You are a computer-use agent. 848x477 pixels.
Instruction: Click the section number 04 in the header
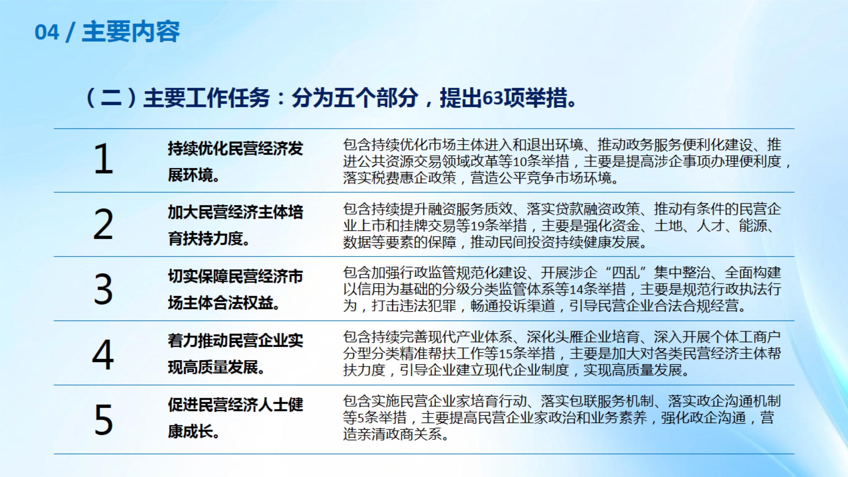pyautogui.click(x=47, y=32)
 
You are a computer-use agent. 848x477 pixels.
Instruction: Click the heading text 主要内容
pyautogui.click(x=131, y=32)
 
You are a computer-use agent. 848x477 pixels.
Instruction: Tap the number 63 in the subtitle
pyautogui.click(x=493, y=98)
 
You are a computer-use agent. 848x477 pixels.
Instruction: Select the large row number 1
pyautogui.click(x=104, y=159)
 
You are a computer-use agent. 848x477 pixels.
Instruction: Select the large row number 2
pyautogui.click(x=103, y=224)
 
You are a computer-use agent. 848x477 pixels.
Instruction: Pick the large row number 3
pyautogui.click(x=103, y=289)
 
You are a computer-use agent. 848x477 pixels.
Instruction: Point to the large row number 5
pyautogui.click(x=104, y=419)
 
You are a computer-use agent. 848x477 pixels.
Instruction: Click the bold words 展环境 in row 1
pyautogui.click(x=190, y=175)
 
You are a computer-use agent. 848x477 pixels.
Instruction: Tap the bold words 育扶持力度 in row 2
pyautogui.click(x=205, y=238)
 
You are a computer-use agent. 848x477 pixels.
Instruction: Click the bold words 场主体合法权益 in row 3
pyautogui.click(x=220, y=303)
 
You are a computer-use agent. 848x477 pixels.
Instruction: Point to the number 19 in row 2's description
pyautogui.click(x=478, y=226)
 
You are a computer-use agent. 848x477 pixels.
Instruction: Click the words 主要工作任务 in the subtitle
pyautogui.click(x=207, y=98)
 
